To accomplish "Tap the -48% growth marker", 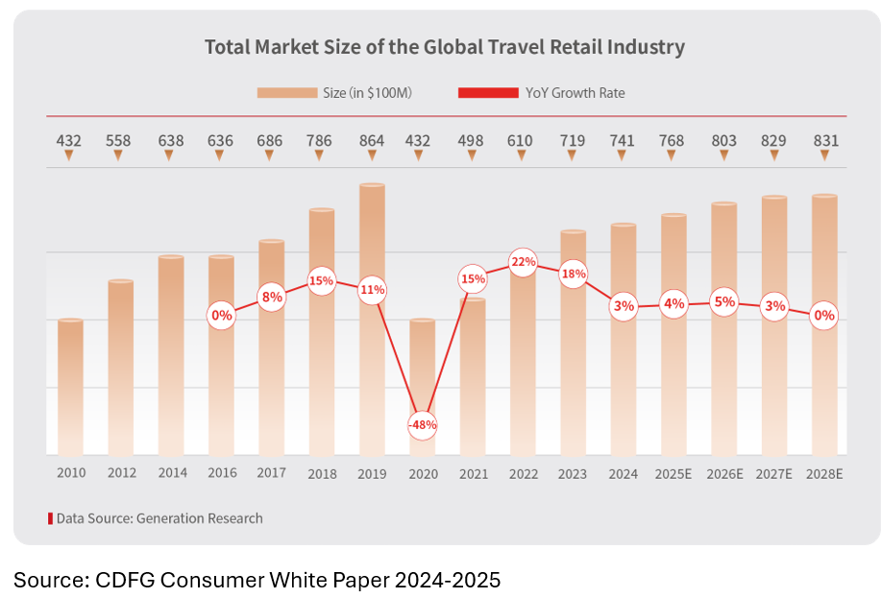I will click(422, 424).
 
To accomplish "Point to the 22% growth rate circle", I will click(523, 261).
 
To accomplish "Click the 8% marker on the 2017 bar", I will click(272, 297).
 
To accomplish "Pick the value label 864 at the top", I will click(372, 141).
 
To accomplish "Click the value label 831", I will click(824, 141).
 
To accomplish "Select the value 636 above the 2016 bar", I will click(221, 141).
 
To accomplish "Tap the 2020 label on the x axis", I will click(422, 473).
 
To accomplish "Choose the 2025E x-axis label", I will click(673, 473).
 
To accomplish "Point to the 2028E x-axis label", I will click(824, 473).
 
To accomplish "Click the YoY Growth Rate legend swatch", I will click(487, 93).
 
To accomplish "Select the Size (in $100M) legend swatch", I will click(286, 93).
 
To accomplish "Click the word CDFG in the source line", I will click(118, 580).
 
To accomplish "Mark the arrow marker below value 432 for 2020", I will click(422, 155).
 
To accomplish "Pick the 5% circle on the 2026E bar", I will click(724, 302).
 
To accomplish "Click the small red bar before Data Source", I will click(51, 518).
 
